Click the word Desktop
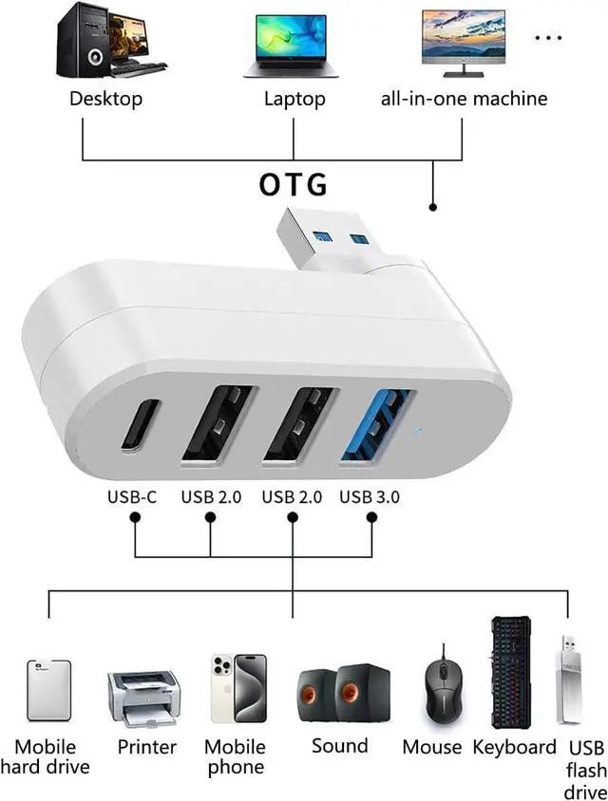[105, 98]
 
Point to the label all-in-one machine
[464, 98]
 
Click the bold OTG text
[293, 183]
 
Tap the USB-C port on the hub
[140, 424]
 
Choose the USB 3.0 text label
[370, 496]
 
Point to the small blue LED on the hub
[419, 433]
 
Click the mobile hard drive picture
[48, 690]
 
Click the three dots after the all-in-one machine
[549, 37]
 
